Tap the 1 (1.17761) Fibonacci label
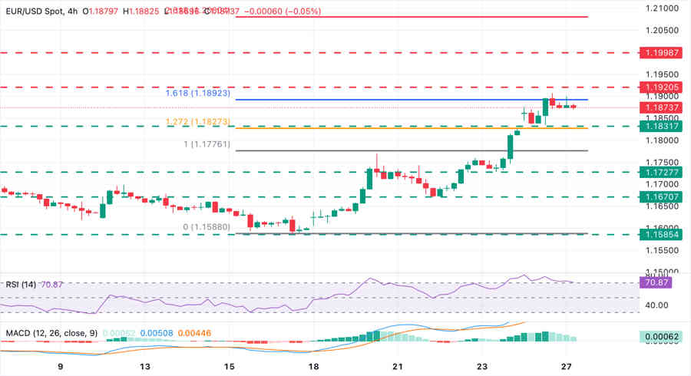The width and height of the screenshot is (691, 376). pyautogui.click(x=207, y=144)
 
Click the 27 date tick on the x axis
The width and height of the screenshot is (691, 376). pyautogui.click(x=564, y=367)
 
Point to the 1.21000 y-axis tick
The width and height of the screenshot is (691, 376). pyautogui.click(x=660, y=8)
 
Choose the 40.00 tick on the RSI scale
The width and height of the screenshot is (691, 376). pyautogui.click(x=656, y=305)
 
